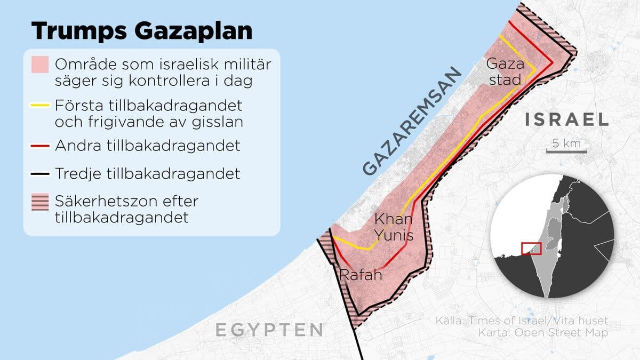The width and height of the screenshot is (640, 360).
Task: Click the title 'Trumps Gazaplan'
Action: [141, 31]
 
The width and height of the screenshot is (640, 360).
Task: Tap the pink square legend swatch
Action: [40, 65]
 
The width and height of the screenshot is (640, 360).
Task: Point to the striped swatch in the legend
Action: [40, 202]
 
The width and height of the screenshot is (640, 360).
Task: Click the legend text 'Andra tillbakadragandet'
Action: [147, 146]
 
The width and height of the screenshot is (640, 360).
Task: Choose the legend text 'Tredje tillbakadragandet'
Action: [147, 174]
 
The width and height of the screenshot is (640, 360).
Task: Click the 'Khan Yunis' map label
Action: [394, 227]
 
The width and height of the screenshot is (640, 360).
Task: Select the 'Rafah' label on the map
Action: [361, 275]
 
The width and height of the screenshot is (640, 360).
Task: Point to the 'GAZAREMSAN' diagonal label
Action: [411, 122]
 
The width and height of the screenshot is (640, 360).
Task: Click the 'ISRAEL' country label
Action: [566, 119]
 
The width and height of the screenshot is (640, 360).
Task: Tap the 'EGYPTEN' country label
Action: [269, 330]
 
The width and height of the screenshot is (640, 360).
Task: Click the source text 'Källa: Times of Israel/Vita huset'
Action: [521, 321]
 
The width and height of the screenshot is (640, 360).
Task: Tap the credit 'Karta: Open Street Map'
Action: [521, 333]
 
